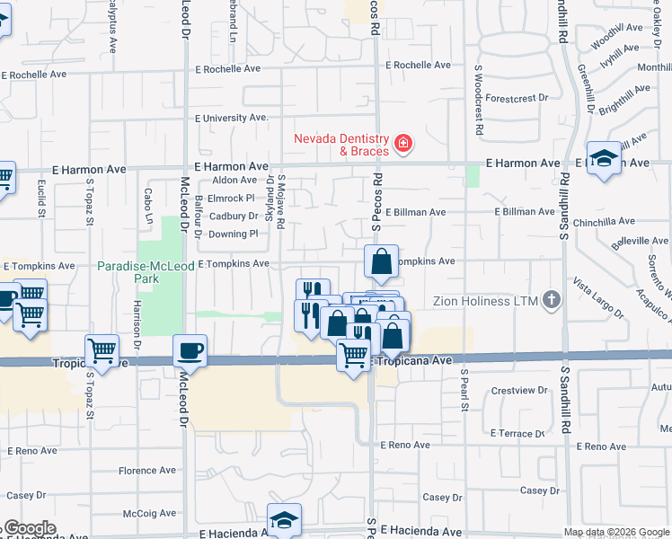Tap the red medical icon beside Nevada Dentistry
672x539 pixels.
[403, 143]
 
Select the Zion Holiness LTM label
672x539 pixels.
[485, 300]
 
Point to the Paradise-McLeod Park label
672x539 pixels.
[128, 272]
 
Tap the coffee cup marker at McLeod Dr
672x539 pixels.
[190, 350]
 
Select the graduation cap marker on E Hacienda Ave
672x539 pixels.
[284, 518]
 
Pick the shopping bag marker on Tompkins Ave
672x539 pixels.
[381, 261]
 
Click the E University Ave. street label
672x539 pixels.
[233, 118]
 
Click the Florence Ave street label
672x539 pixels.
[147, 471]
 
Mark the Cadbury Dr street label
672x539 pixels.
[234, 216]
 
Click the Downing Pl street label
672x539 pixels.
[234, 234]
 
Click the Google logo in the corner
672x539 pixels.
[29, 528]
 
